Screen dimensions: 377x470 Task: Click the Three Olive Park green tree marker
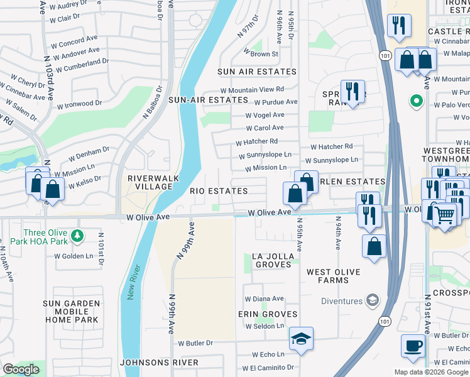click(77, 237)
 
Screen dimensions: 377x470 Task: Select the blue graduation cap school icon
click(302, 339)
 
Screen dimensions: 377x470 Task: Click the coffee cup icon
click(413, 346)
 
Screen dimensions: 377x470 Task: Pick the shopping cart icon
click(444, 216)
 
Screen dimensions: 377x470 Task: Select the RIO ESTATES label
click(219, 190)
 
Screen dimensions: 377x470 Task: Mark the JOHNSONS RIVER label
click(159, 363)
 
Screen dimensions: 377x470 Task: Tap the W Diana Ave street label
click(264, 298)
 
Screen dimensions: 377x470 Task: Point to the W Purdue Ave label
click(275, 102)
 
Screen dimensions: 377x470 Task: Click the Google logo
click(20, 369)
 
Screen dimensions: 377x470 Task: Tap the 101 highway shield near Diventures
click(384, 320)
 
